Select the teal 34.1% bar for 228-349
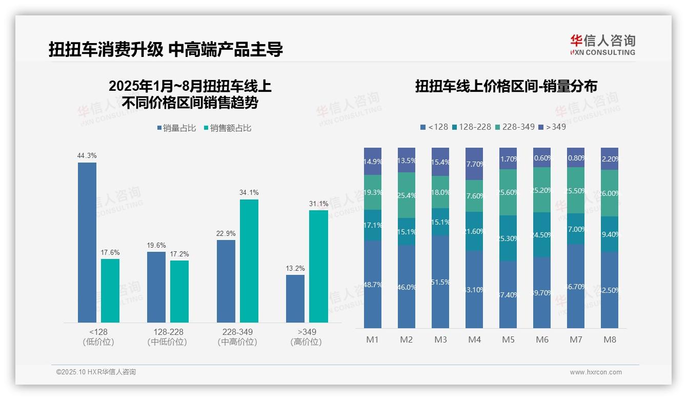pos(249,261)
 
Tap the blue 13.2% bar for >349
pos(295,298)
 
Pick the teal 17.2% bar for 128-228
pos(179,291)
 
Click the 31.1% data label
pos(318,204)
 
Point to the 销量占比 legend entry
pos(176,128)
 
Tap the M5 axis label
pos(508,339)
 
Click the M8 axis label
pos(610,339)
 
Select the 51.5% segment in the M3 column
pos(440,282)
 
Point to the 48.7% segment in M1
pos(373,284)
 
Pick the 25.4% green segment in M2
pos(407,195)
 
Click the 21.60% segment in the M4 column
pos(474,231)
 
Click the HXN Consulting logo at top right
pos(602,45)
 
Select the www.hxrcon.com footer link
pos(595,372)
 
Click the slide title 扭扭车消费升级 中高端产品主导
pos(166,50)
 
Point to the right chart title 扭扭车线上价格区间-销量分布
pos(506,86)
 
